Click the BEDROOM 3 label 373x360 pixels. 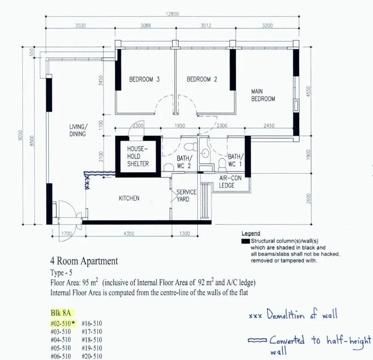144,79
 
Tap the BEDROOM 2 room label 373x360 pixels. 202,79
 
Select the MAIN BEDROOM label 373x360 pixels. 263,95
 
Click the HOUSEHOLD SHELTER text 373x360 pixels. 138,156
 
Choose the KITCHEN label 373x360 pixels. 129,198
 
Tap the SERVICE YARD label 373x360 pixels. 186,195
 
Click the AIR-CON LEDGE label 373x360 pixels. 230,182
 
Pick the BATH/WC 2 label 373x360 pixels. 184,162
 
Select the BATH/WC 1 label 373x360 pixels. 236,160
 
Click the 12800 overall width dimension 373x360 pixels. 172,14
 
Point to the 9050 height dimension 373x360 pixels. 20,135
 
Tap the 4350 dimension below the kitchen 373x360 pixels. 129,234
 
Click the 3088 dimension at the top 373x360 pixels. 145,25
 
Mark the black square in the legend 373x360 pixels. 246,241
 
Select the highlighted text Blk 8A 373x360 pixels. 61,313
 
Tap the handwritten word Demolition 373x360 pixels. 286,314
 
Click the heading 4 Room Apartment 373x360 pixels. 84,261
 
